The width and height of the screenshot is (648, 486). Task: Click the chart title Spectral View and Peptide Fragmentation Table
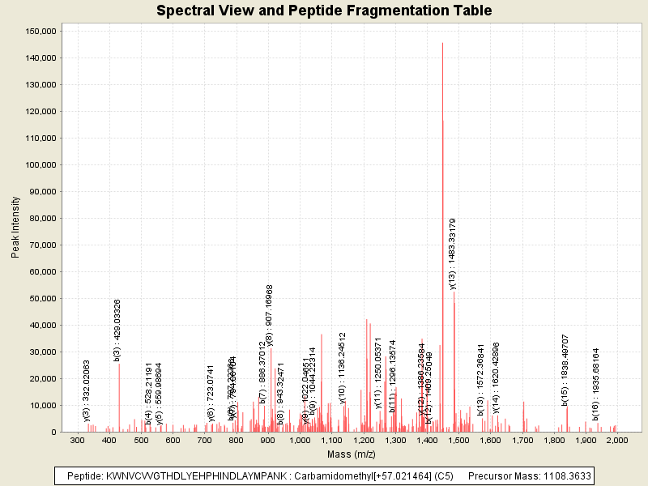[324, 11]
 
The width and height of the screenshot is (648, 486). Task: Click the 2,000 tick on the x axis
[617, 441]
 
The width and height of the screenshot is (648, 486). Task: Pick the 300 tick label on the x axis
[78, 441]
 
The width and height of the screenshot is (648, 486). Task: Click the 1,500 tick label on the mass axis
[458, 441]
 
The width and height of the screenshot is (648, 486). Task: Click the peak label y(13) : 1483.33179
[453, 254]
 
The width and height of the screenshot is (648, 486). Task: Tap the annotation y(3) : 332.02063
[87, 390]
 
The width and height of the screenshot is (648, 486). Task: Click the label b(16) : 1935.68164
[595, 384]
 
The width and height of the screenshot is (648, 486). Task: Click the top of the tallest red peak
[442, 44]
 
